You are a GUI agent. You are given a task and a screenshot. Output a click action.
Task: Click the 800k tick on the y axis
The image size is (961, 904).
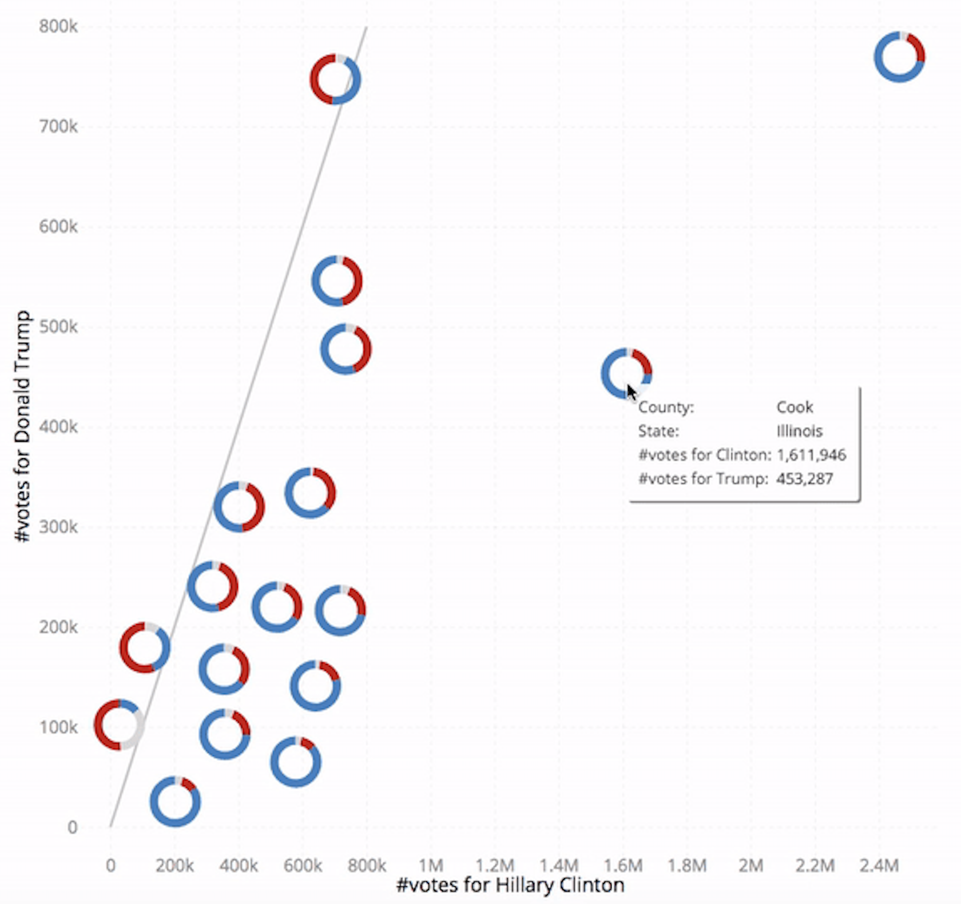click(x=58, y=26)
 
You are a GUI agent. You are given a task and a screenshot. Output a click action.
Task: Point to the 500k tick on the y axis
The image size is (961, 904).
click(x=58, y=327)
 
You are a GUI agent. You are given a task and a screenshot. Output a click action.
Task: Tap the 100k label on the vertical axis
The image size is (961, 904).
click(x=58, y=727)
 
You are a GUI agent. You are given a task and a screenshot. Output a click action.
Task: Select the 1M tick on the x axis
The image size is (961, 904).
click(x=431, y=865)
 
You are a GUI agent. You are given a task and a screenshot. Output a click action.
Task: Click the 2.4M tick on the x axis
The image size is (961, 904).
click(x=879, y=865)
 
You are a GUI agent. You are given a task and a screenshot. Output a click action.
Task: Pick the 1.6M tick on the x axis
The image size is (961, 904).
click(x=623, y=865)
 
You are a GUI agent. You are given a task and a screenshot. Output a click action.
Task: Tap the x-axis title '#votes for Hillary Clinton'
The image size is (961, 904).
click(x=510, y=885)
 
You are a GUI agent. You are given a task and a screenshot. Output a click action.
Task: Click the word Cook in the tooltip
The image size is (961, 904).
click(x=795, y=407)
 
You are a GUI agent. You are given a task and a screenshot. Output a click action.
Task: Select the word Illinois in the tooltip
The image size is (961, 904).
click(x=799, y=431)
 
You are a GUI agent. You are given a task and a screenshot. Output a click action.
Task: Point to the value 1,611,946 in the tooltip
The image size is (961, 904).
click(x=811, y=455)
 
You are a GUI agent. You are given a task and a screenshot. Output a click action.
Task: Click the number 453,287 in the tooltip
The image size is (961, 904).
click(x=804, y=479)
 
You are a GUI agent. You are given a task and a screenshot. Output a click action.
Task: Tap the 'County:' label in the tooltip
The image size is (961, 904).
click(x=666, y=407)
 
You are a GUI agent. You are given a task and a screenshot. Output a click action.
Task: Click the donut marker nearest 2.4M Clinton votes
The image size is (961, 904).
click(x=899, y=57)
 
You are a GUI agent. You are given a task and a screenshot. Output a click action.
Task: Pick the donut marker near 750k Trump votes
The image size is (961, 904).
click(x=335, y=79)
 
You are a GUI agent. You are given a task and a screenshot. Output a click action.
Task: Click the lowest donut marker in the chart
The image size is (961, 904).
click(x=175, y=801)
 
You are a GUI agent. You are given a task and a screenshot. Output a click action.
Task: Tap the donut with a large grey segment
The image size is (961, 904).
click(x=119, y=725)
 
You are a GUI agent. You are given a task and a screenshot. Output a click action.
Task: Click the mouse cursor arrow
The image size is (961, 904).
click(x=631, y=393)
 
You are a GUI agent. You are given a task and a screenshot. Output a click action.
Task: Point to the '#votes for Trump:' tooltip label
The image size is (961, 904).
click(x=703, y=479)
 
